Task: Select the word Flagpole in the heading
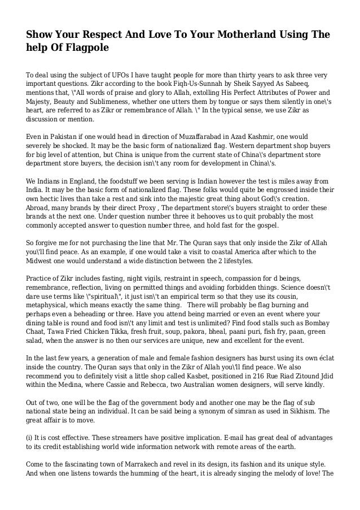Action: click(x=85, y=50)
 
